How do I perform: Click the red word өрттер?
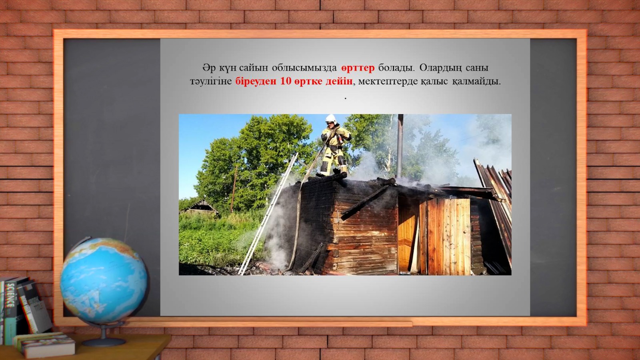point(358,68)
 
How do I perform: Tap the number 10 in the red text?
point(286,82)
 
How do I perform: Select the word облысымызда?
point(304,68)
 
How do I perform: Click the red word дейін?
point(339,82)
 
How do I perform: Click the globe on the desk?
point(104,280)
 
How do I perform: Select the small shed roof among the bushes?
point(200,206)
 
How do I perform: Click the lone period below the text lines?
point(346,98)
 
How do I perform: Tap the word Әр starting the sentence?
point(209,68)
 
